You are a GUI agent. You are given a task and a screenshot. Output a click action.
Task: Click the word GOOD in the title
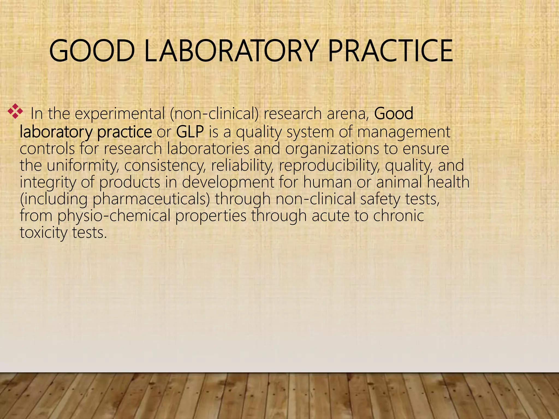click(92, 51)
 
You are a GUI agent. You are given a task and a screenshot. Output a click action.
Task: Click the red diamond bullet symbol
click(15, 111)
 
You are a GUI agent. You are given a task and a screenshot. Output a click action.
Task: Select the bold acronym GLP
click(190, 132)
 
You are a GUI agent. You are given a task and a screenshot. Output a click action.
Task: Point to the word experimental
click(120, 114)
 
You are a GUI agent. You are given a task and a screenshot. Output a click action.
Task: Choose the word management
click(404, 132)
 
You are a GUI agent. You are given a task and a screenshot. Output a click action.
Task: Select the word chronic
click(398, 216)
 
